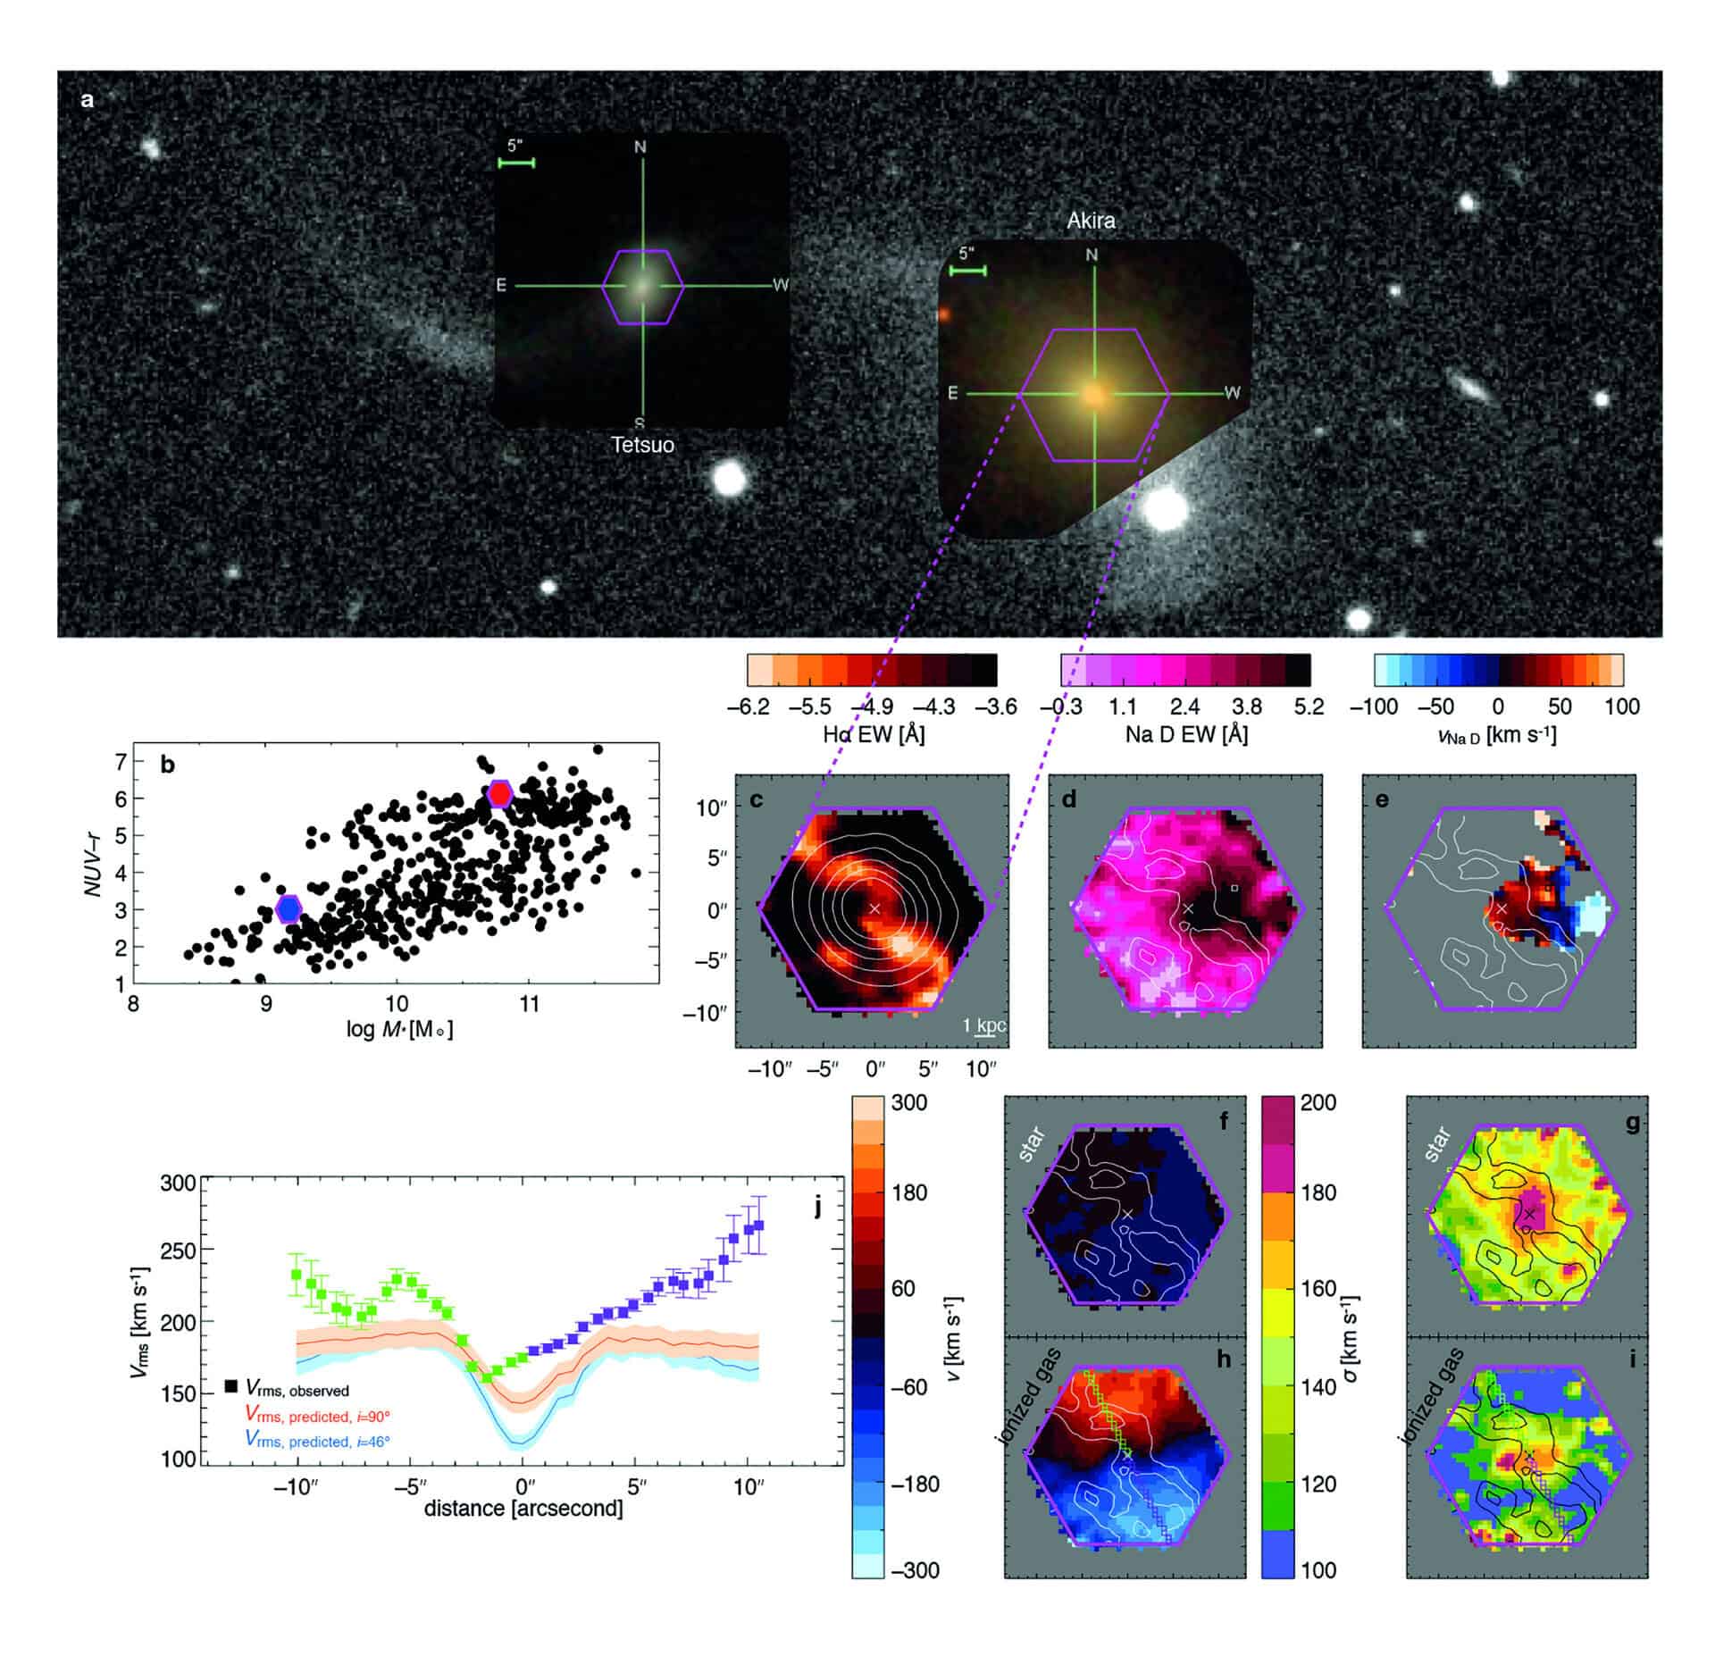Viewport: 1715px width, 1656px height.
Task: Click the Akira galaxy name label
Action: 1091,221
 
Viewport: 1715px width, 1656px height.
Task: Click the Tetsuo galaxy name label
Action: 642,445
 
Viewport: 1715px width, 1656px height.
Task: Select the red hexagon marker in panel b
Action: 499,793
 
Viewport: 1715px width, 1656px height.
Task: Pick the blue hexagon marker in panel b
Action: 289,908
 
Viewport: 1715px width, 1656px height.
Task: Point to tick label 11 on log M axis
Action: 529,1004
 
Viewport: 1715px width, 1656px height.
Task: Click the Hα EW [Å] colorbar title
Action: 873,734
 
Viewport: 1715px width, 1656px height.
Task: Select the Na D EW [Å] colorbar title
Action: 1186,734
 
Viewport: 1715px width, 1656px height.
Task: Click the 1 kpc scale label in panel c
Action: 983,1025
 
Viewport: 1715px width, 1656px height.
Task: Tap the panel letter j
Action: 816,1209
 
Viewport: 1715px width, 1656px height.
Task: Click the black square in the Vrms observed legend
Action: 230,1386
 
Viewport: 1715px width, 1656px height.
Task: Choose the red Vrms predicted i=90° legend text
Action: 317,1416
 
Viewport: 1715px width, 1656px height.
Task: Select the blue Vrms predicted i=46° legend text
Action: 317,1442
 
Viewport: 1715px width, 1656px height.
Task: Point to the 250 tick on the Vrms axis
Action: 177,1251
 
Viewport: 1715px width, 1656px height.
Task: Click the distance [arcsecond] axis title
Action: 523,1509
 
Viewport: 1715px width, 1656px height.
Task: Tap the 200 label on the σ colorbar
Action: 1318,1103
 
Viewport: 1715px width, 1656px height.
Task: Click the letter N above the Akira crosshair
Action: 1091,255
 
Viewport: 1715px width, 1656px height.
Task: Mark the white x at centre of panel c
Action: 874,908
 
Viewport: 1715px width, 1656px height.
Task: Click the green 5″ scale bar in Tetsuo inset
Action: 516,163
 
